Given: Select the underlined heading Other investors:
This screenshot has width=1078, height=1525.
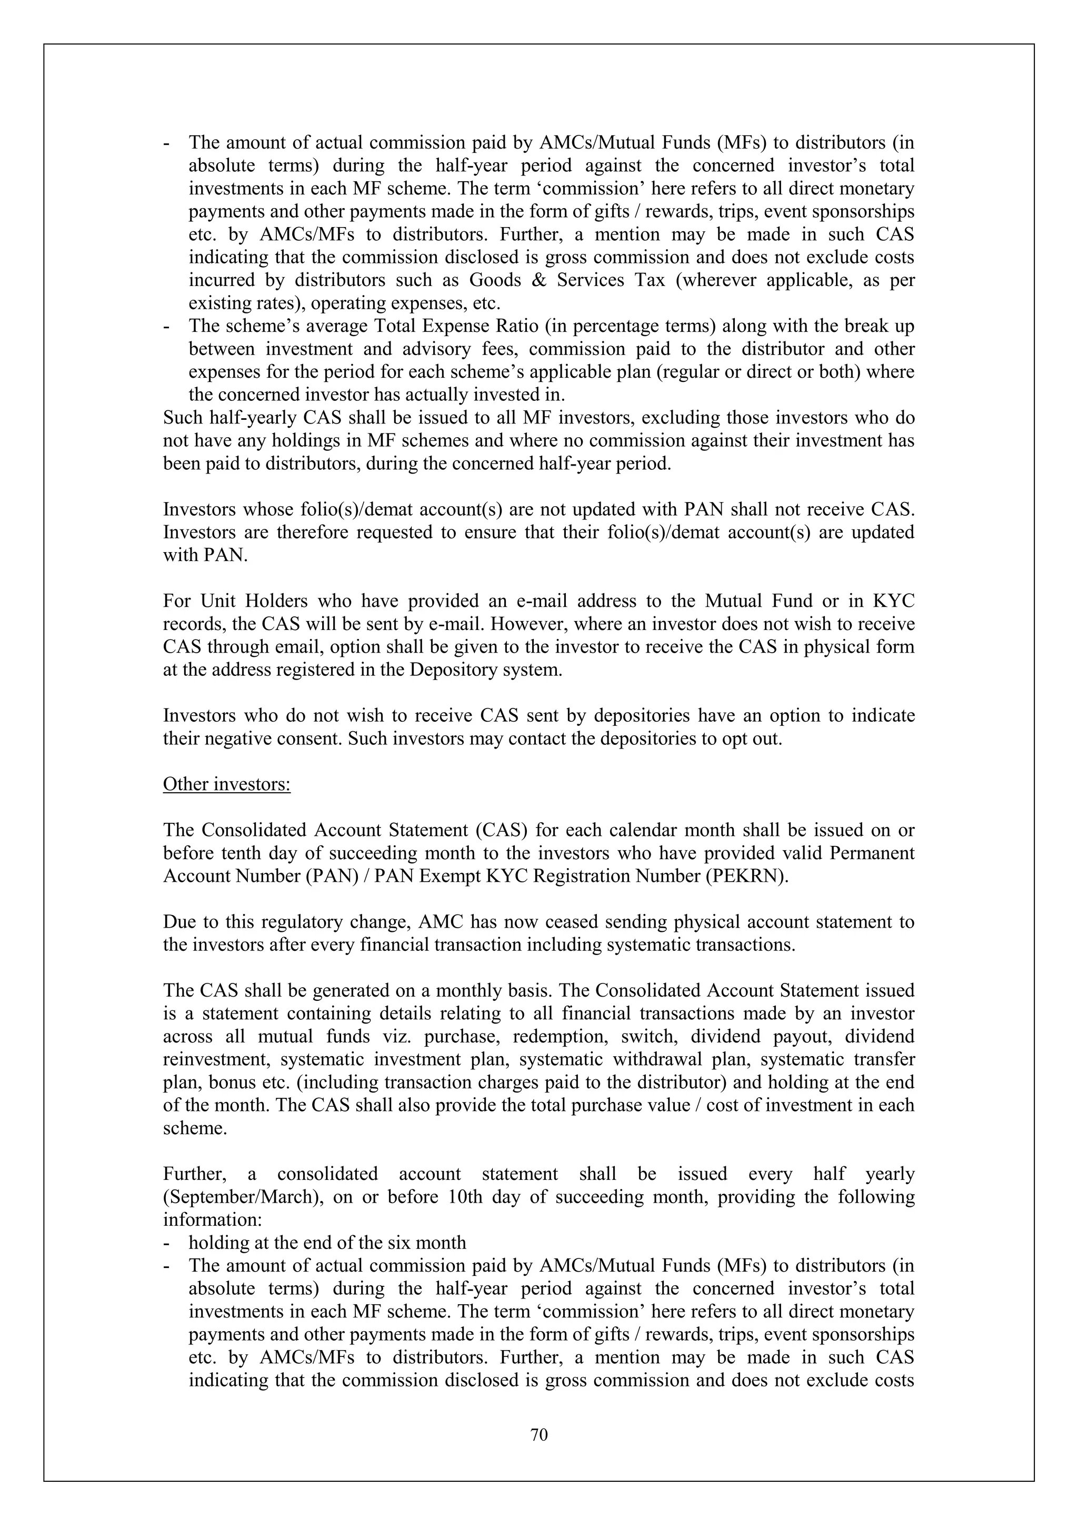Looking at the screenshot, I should [x=226, y=784].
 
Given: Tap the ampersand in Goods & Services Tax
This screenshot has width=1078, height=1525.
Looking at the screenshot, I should [x=538, y=280].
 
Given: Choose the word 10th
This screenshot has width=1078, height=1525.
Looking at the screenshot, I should [x=468, y=1197].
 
